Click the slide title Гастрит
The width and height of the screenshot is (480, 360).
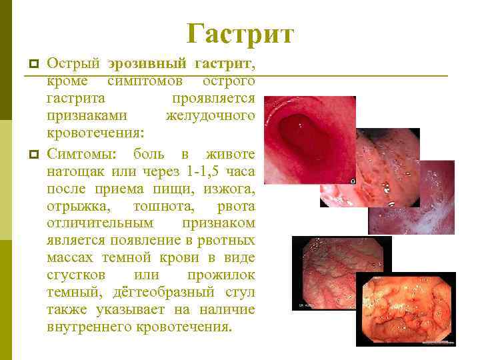(240, 33)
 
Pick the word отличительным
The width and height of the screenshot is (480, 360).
(100, 224)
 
